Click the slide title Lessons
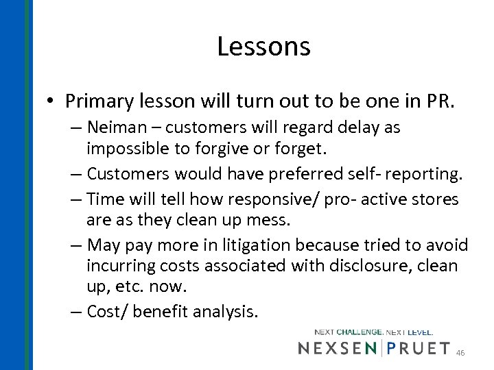tap(263, 47)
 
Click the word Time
tap(105, 200)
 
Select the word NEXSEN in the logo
tap(338, 348)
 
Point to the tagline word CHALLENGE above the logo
tap(359, 332)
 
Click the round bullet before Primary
tap(52, 102)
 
